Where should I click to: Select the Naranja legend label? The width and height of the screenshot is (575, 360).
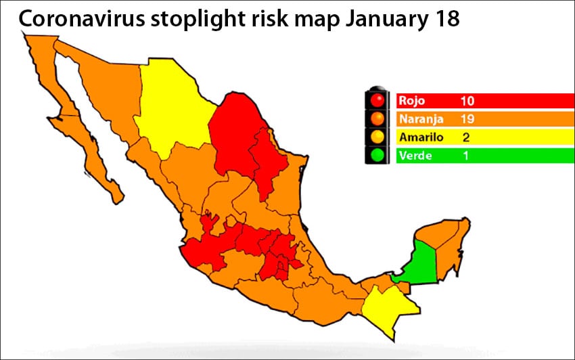pyautogui.click(x=421, y=119)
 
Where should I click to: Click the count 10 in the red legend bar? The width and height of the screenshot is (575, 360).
pyautogui.click(x=467, y=101)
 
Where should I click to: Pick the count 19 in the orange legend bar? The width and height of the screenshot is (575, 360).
pyautogui.click(x=467, y=119)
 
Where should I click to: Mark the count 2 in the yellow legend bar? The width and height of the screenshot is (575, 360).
pyautogui.click(x=466, y=137)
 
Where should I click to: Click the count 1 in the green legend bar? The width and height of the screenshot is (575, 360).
pyautogui.click(x=466, y=156)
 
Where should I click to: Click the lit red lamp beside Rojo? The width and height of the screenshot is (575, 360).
pyautogui.click(x=377, y=101)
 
